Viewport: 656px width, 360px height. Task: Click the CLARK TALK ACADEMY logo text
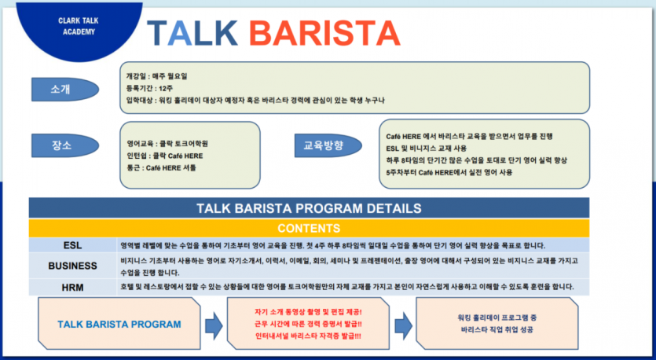77,25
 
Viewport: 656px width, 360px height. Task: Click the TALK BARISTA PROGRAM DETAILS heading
309,208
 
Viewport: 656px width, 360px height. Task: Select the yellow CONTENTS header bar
309,229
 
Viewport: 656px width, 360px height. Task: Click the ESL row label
72,245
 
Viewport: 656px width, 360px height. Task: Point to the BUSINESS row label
72,266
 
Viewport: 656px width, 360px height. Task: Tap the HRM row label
72,287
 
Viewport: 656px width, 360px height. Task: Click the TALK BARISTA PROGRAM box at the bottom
119,324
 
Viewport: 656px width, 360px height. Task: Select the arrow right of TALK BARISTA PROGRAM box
213,324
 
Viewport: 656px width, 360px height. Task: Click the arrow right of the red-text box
403,324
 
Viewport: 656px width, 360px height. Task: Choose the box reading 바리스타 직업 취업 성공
498,324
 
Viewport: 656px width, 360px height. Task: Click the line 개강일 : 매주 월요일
157,76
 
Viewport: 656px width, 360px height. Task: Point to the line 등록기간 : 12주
151,88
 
